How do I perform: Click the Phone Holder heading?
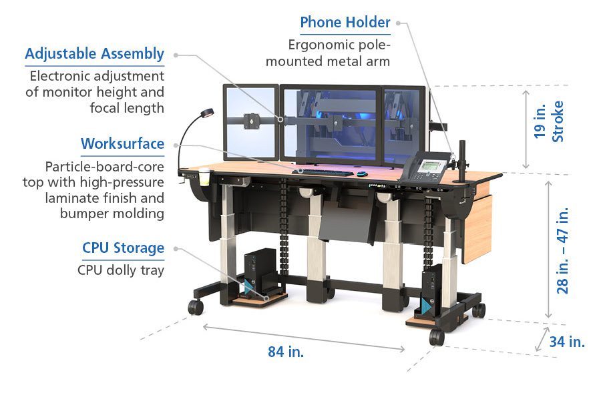(x=345, y=22)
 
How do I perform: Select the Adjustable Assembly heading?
(x=94, y=53)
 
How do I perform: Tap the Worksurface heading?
(x=122, y=143)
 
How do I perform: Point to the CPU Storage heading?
(x=123, y=249)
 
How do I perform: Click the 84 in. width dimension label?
(x=286, y=352)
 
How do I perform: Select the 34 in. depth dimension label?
(x=567, y=342)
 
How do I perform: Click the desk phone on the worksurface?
(x=427, y=165)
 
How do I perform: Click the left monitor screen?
(x=250, y=123)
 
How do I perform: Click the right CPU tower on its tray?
(x=431, y=288)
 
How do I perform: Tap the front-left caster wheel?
(x=196, y=308)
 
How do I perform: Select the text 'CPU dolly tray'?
(x=121, y=270)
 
